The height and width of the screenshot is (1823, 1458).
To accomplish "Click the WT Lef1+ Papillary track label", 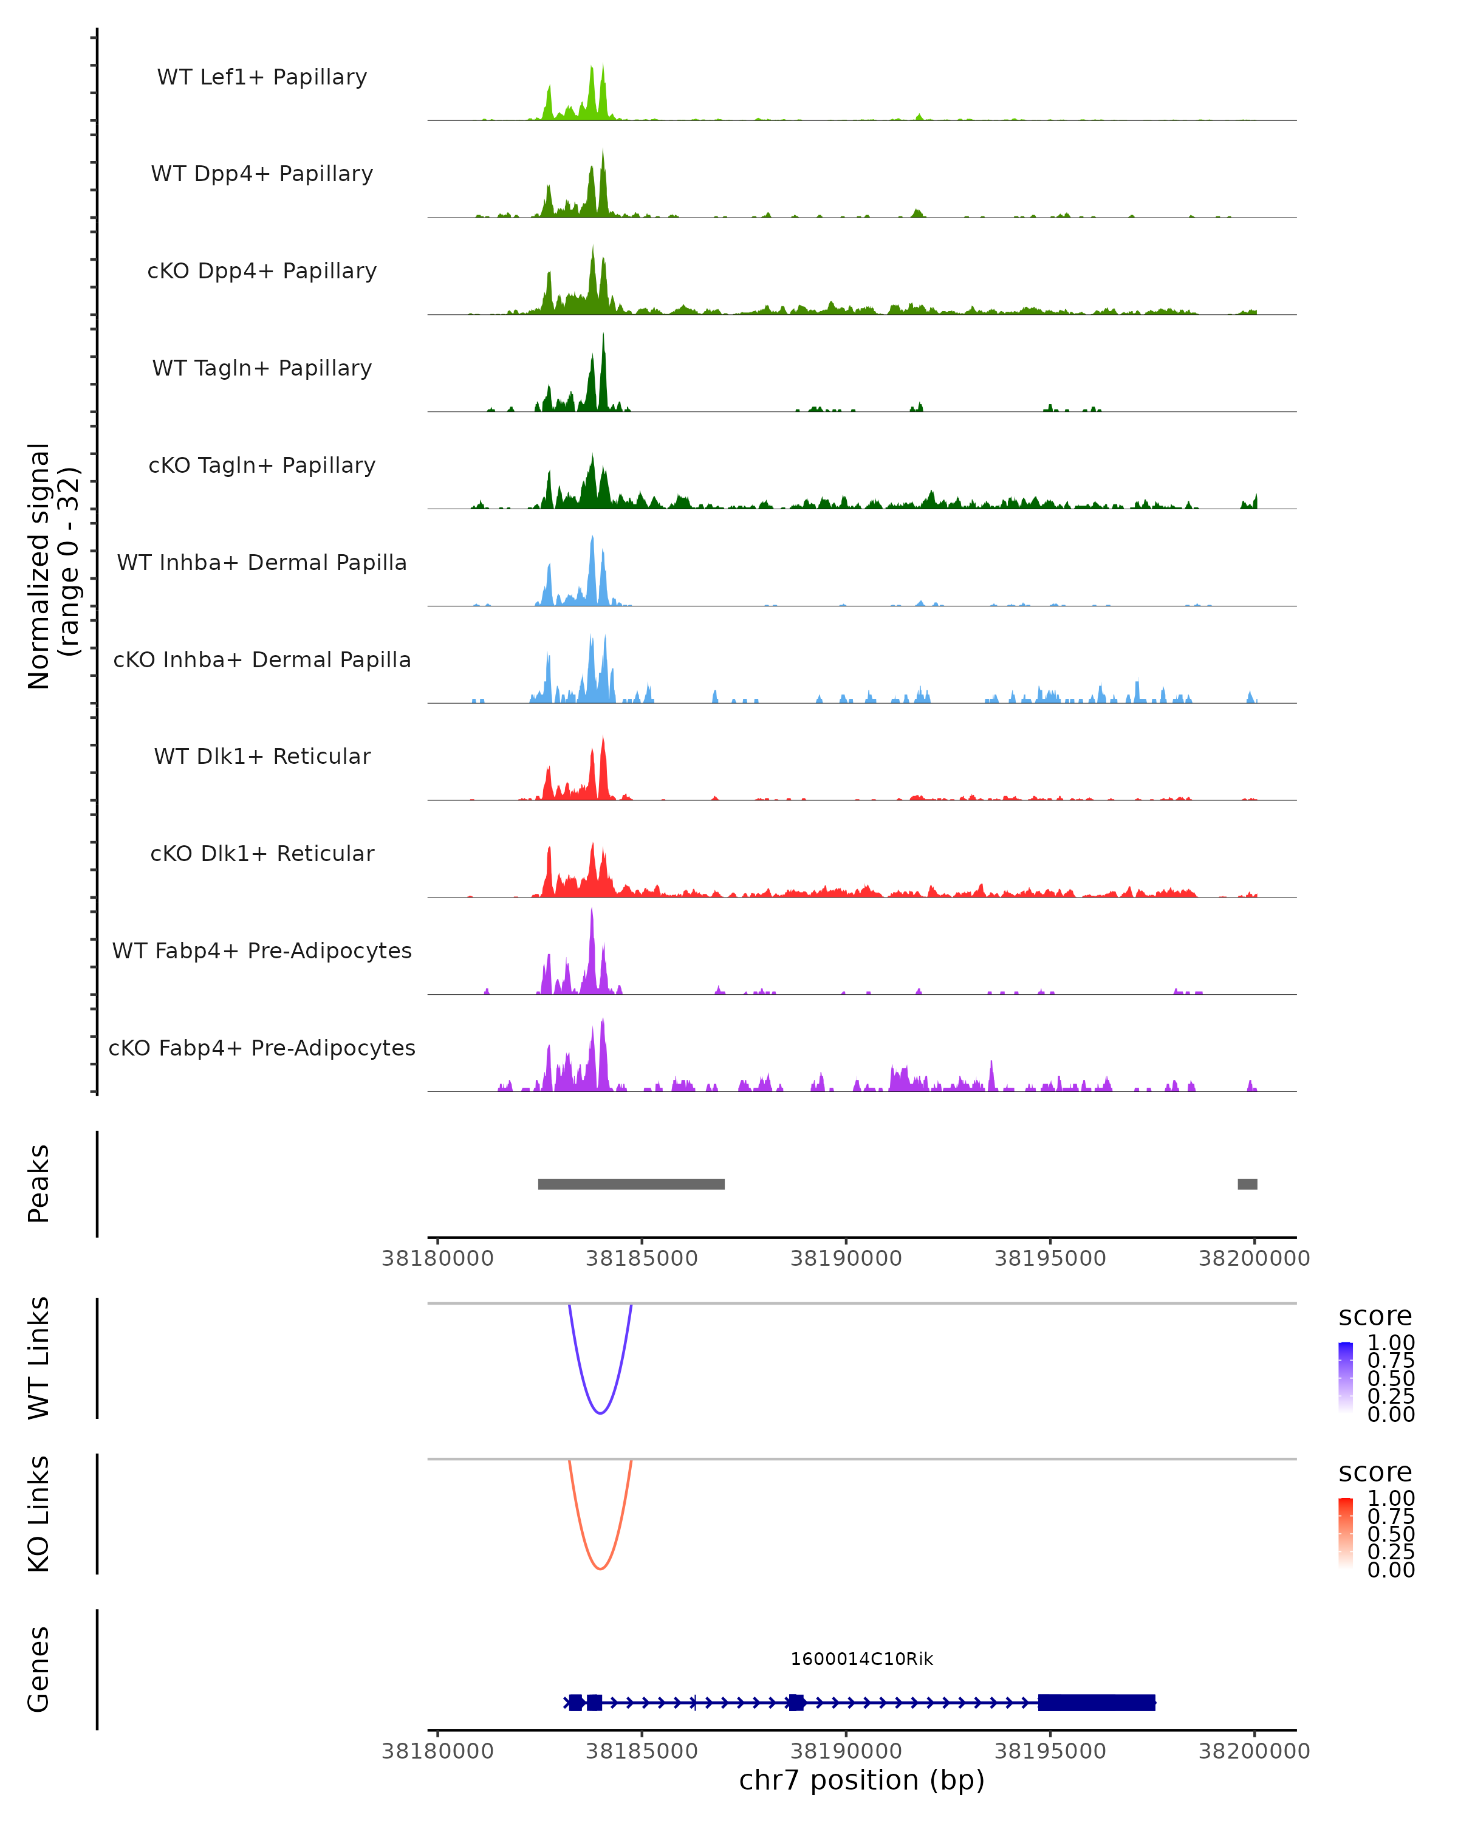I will pyautogui.click(x=262, y=77).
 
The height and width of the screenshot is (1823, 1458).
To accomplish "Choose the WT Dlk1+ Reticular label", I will pyautogui.click(x=262, y=756).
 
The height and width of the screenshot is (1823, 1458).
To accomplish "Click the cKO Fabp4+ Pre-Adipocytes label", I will pyautogui.click(x=262, y=1048).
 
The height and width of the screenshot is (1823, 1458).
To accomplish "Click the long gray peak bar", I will pyautogui.click(x=631, y=1184).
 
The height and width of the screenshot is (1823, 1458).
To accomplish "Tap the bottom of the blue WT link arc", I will pyautogui.click(x=600, y=1413).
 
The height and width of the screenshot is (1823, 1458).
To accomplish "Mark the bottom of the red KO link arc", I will pyautogui.click(x=600, y=1568).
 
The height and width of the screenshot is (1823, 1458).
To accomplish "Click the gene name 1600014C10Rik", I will pyautogui.click(x=861, y=1659).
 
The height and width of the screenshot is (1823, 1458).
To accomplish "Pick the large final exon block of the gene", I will pyautogui.click(x=1097, y=1702).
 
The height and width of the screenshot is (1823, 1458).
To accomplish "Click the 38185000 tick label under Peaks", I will pyautogui.click(x=642, y=1258).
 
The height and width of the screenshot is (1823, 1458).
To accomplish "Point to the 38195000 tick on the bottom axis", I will pyautogui.click(x=1050, y=1751).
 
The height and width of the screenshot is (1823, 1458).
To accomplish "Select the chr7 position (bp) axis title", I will pyautogui.click(x=861, y=1780).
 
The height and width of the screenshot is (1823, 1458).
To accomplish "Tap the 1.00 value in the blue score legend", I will pyautogui.click(x=1391, y=1343).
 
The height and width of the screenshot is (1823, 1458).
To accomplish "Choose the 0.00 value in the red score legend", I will pyautogui.click(x=1391, y=1570).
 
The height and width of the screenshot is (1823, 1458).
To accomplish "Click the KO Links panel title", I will pyautogui.click(x=38, y=1514).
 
